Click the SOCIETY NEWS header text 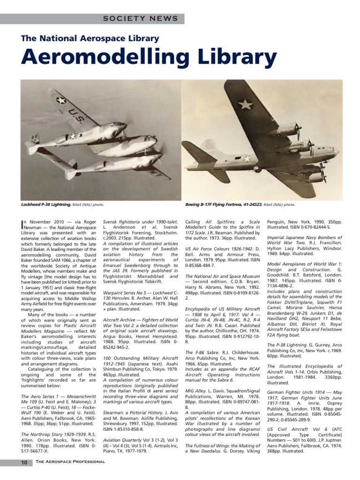tap(140, 19)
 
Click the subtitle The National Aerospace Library tap(90, 38)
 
